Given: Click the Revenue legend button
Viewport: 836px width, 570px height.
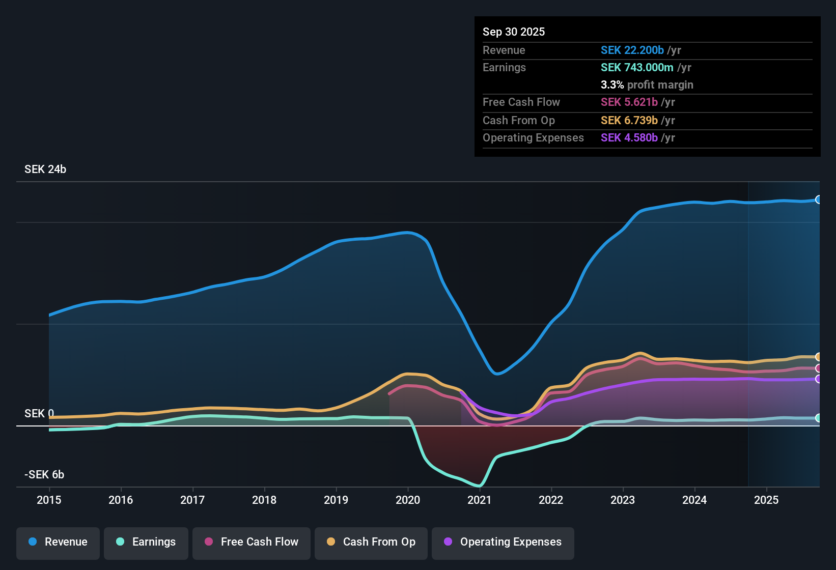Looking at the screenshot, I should [x=58, y=542].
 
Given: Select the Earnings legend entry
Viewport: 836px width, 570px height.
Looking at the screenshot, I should [x=146, y=542].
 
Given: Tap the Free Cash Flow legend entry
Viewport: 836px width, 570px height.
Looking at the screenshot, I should [x=252, y=542].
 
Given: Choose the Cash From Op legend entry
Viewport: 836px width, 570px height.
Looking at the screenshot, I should [x=371, y=542].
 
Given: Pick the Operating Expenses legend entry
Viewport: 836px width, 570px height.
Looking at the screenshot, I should [x=503, y=542].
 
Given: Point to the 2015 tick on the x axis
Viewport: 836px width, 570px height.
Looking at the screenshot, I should [x=49, y=500].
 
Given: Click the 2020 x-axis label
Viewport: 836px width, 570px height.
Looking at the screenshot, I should [x=408, y=500].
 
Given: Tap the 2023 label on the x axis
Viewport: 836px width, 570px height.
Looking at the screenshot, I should [x=623, y=500].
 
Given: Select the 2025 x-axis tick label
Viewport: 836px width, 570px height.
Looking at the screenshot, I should [x=766, y=500].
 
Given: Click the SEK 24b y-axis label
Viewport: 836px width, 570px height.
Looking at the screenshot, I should [x=45, y=169].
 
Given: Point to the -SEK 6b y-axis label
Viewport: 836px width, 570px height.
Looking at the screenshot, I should [x=44, y=475].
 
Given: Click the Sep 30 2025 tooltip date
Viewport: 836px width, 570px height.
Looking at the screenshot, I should [x=514, y=32].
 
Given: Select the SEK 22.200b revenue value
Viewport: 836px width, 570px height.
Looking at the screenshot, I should [x=632, y=50].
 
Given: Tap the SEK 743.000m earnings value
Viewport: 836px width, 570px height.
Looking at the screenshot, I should [x=636, y=68].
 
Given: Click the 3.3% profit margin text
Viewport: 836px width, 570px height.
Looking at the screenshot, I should [x=647, y=85].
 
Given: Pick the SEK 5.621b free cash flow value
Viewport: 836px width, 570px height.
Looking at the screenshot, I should [x=629, y=102].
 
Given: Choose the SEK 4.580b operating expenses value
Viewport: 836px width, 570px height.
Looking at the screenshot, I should [x=629, y=138].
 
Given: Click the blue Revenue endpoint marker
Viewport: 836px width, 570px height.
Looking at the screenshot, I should [x=818, y=199].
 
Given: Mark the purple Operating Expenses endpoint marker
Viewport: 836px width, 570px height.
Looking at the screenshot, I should [x=818, y=379].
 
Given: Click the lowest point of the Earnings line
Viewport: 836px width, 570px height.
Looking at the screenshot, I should [x=479, y=486].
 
